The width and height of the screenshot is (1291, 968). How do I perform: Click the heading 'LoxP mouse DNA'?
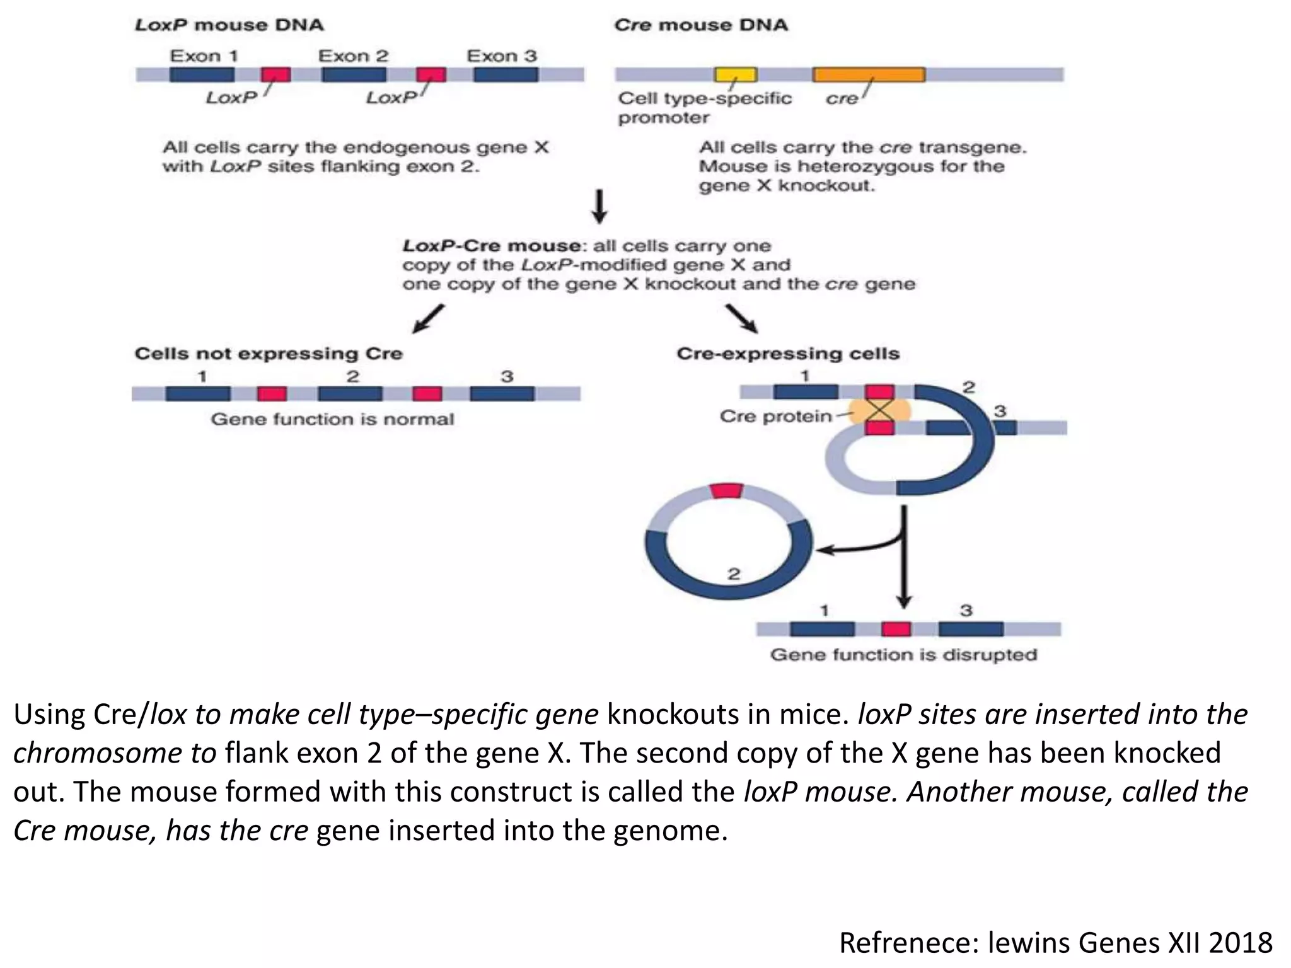pos(229,25)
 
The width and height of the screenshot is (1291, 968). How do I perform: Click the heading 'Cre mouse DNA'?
pos(700,25)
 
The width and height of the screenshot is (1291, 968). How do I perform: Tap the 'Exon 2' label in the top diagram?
pos(353,56)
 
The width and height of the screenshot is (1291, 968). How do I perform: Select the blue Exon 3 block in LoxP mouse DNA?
pos(506,75)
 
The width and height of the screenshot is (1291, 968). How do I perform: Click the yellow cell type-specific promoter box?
pos(735,75)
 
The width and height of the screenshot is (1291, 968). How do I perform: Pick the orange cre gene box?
pos(869,75)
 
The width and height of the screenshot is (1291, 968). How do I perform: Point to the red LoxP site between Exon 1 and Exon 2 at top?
pos(276,75)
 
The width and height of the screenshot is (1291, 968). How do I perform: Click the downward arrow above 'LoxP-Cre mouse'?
pos(599,206)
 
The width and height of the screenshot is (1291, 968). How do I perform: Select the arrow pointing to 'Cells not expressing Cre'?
pos(429,319)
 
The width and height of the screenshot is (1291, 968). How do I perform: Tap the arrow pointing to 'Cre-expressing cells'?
pos(741,319)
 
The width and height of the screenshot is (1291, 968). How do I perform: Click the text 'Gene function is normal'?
pos(332,419)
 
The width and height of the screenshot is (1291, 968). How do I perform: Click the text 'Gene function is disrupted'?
pos(903,655)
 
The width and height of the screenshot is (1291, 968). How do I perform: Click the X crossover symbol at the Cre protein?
pos(879,411)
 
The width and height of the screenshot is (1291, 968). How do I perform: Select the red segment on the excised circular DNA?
pos(727,491)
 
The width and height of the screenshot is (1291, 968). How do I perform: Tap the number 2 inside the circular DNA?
pos(734,574)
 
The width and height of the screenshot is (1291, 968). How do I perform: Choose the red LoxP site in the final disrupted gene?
pos(896,629)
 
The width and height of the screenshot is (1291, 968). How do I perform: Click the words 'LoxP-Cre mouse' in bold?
pos(491,246)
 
